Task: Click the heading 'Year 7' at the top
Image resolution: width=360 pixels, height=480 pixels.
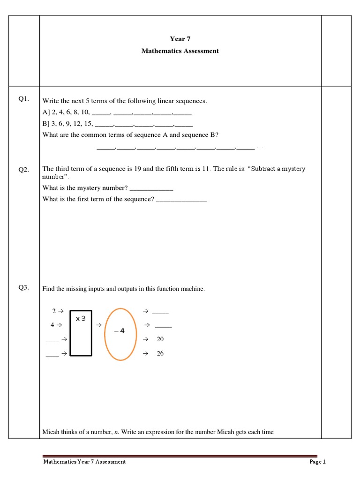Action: [180, 39]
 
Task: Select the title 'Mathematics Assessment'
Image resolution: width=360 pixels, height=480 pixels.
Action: [180, 51]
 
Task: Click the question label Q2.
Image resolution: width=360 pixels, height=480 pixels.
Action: [24, 170]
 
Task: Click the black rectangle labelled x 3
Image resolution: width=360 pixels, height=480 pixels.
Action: [81, 333]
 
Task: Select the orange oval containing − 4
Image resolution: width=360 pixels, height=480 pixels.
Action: [120, 334]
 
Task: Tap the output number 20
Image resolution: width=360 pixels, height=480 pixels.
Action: [160, 339]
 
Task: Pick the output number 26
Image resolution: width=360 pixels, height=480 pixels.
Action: [160, 353]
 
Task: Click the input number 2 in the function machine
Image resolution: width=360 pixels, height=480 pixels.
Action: [53, 311]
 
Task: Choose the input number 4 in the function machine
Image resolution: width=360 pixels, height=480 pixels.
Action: [52, 324]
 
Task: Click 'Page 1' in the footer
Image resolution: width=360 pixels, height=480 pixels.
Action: [317, 462]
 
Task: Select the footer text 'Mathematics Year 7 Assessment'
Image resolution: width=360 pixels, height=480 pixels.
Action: [84, 462]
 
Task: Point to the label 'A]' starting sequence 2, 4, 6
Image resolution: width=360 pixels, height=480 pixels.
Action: [46, 113]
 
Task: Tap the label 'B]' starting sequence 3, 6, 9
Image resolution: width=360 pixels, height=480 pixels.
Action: [46, 124]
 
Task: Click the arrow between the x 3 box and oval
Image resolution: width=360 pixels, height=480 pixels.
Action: [99, 325]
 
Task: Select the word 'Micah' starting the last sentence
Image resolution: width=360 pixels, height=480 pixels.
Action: [51, 432]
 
